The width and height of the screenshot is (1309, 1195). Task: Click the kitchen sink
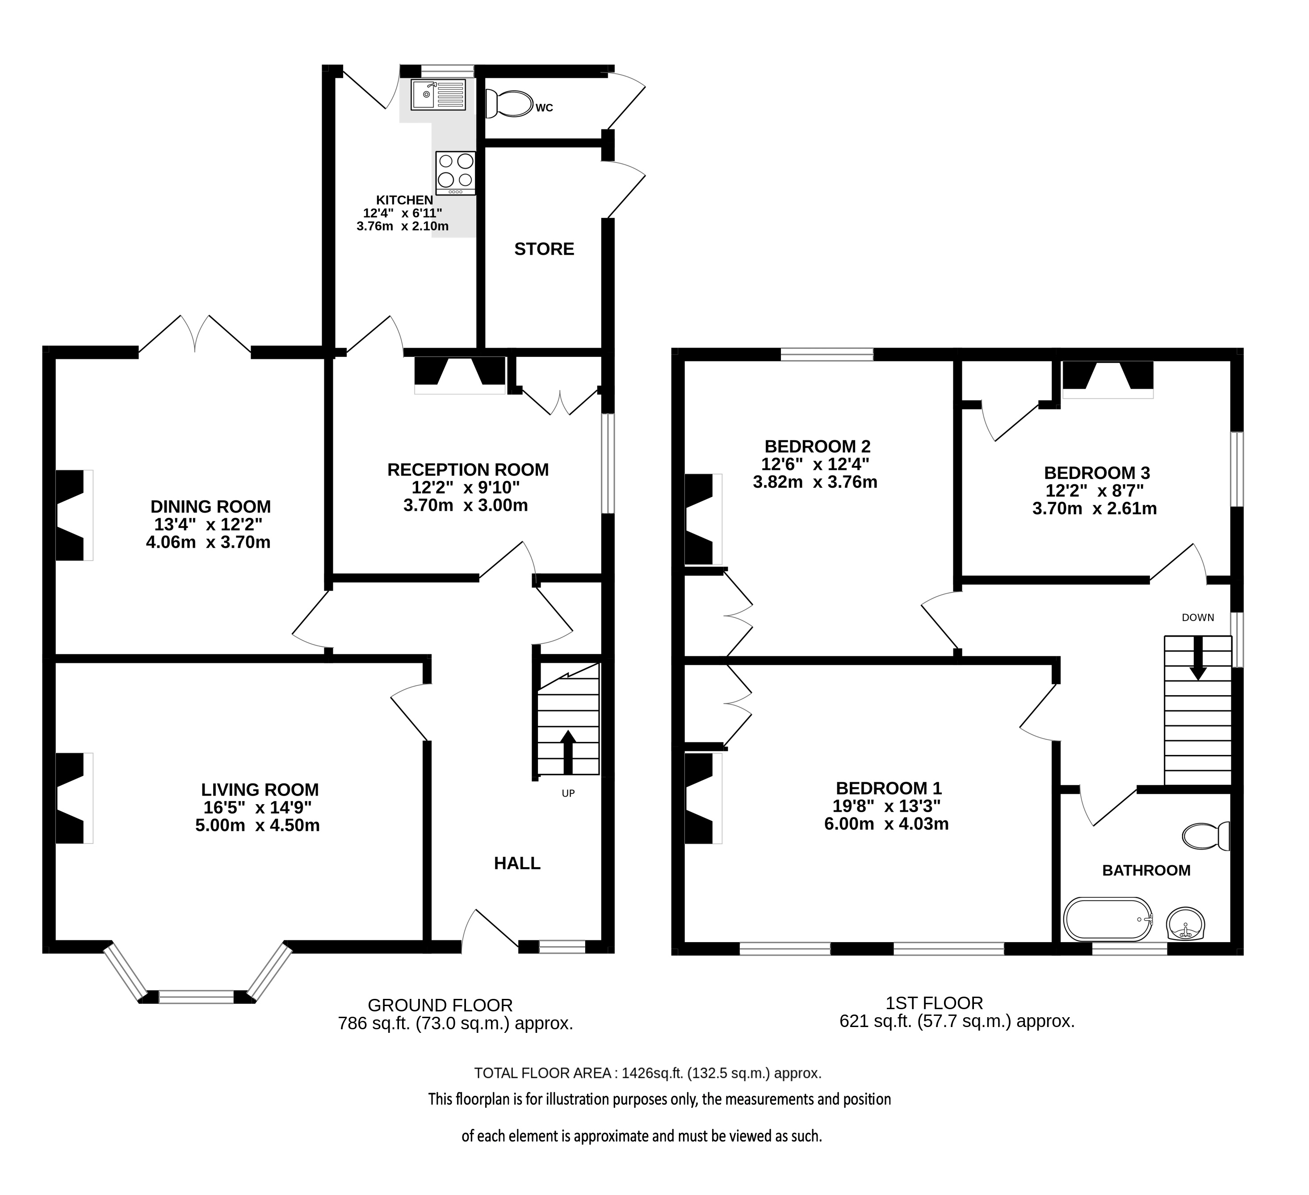click(438, 94)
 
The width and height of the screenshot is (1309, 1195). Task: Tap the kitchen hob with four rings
click(456, 173)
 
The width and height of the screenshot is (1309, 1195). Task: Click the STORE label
click(544, 249)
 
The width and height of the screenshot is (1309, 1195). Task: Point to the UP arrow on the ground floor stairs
click(568, 752)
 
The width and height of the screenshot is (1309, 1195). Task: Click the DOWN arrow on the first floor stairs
click(1197, 658)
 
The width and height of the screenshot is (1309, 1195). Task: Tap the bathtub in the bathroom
click(1108, 919)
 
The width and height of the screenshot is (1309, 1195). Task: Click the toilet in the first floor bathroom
click(1206, 836)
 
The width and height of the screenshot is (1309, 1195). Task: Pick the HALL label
click(517, 864)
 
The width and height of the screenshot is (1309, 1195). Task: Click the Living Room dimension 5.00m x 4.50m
click(258, 826)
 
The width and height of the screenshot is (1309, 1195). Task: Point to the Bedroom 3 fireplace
click(1108, 380)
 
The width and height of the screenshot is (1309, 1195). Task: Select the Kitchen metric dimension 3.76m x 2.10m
click(403, 226)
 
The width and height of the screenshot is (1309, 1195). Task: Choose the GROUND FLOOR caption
click(440, 1006)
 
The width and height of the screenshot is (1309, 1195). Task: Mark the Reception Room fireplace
click(460, 375)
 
